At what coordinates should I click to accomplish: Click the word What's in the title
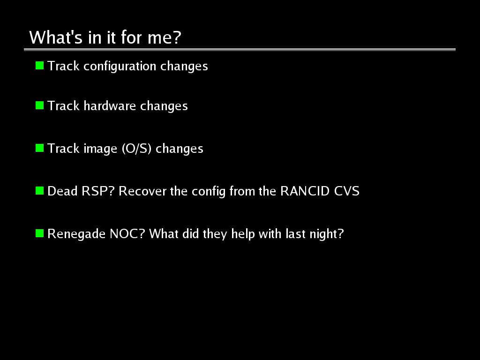tap(56, 37)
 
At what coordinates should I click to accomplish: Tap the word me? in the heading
tap(165, 37)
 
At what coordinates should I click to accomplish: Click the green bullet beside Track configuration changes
tap(39, 66)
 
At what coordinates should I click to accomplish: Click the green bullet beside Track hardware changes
tap(39, 105)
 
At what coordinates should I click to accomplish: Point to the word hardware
tap(110, 106)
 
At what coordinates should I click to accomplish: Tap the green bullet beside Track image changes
tap(39, 148)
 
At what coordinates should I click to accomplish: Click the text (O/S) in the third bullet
tap(136, 149)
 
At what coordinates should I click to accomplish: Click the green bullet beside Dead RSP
tap(39, 191)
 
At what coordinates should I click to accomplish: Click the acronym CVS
tap(347, 191)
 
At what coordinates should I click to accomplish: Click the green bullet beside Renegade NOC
tap(39, 233)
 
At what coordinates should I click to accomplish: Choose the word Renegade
tap(76, 234)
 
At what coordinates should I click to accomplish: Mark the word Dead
tap(62, 191)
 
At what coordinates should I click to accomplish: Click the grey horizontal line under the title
tap(240, 49)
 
